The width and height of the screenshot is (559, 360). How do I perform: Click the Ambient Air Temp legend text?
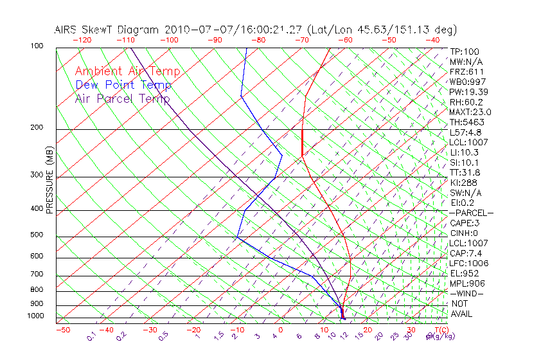(x=127, y=71)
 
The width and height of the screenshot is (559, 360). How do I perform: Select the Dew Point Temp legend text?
(x=123, y=85)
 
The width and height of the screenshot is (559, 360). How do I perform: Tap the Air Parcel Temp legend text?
(x=122, y=98)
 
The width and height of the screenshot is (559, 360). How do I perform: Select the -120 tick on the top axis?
(x=82, y=40)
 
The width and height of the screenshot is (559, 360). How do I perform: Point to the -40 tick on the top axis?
(x=432, y=40)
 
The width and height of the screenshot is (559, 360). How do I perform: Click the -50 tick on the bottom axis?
(x=62, y=330)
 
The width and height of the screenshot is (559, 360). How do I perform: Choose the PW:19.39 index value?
(x=469, y=92)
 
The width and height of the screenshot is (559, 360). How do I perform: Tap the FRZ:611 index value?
(x=467, y=72)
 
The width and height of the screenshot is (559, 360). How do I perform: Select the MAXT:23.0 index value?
(x=472, y=113)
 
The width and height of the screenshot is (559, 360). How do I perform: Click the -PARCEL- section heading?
(x=471, y=213)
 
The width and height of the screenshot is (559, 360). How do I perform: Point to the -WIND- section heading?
(x=466, y=293)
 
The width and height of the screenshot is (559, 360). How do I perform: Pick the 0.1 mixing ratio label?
(x=91, y=336)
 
